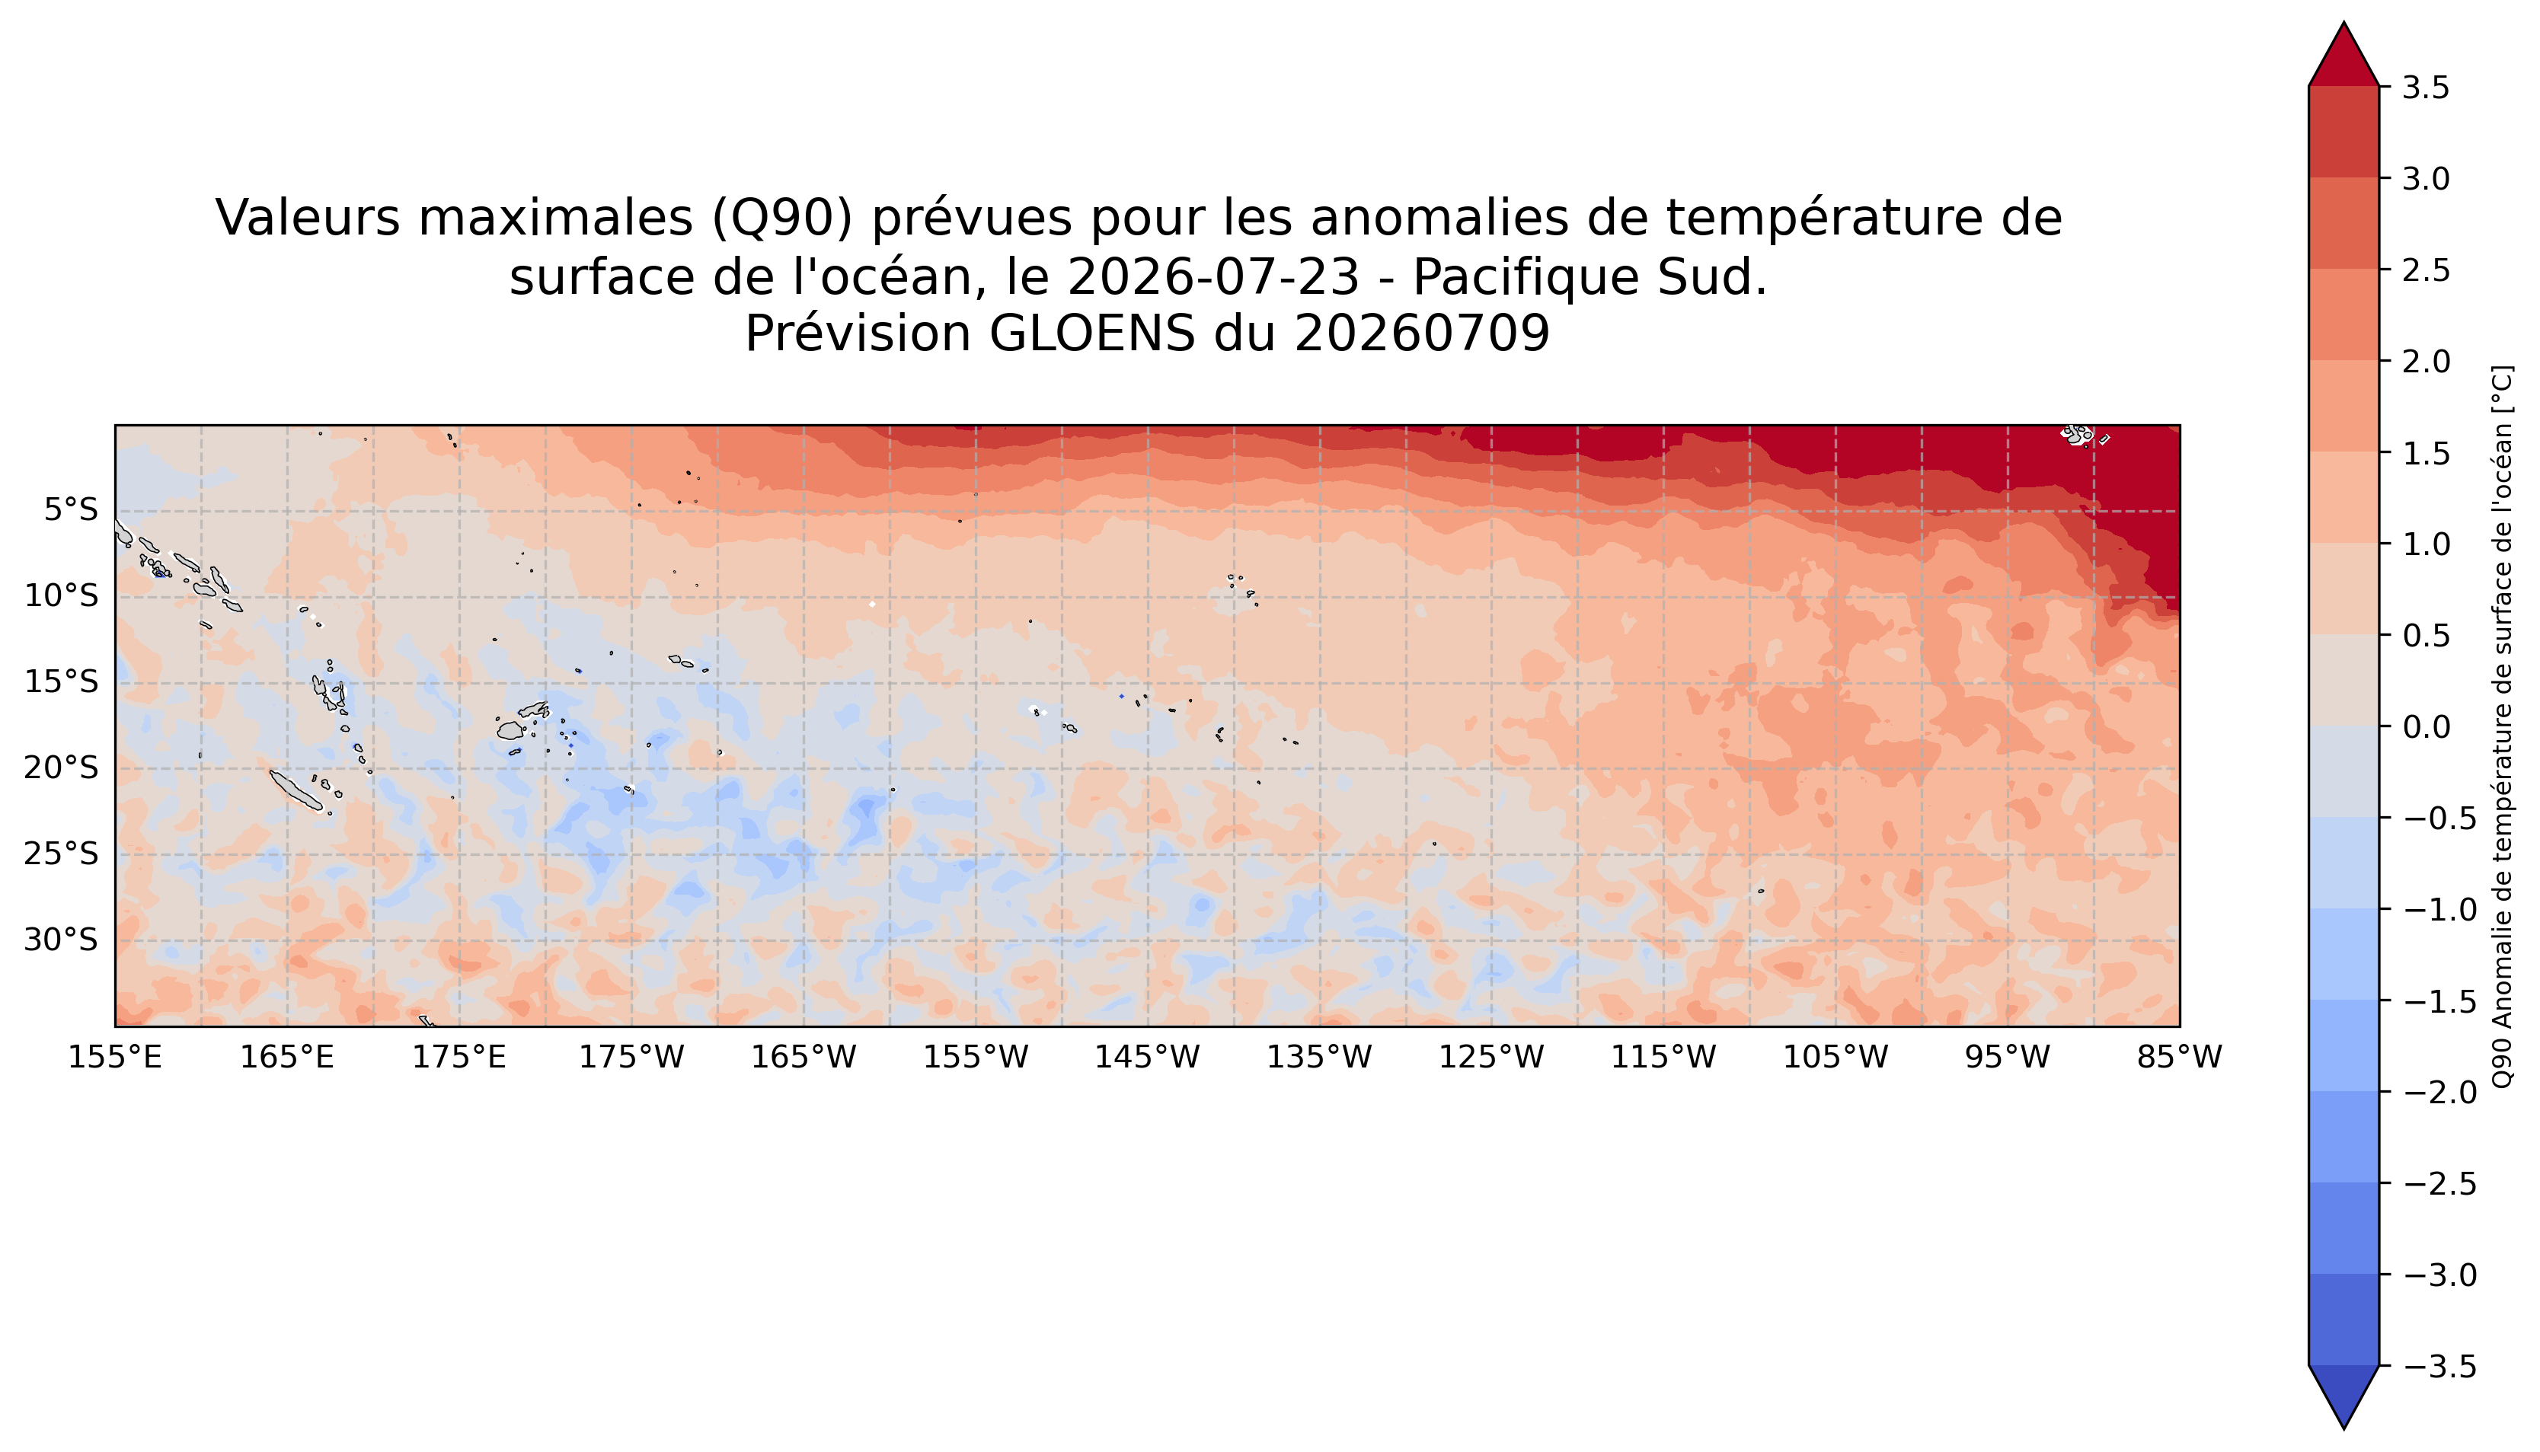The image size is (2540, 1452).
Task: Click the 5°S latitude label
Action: pos(71,511)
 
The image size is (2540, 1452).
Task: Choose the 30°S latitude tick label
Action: pos(61,940)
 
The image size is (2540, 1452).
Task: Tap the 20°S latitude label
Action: pos(61,768)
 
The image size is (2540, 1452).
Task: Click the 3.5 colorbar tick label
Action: pos(2425,88)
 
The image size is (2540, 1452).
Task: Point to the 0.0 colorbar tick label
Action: pos(2425,727)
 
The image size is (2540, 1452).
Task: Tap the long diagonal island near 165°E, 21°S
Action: pos(296,789)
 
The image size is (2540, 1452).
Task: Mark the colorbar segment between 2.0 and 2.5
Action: pos(2343,315)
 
